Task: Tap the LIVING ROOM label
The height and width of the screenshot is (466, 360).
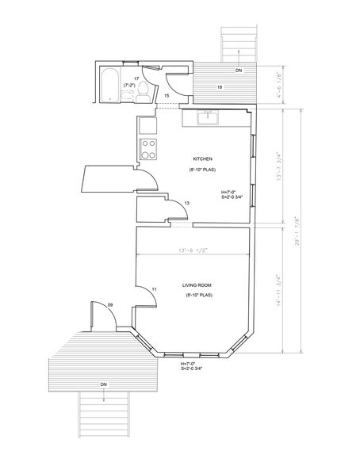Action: point(201,283)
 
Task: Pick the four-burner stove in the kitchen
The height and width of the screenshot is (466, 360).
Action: point(147,147)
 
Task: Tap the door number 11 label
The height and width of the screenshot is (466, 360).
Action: point(155,288)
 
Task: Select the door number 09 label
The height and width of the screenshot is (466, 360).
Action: point(109,304)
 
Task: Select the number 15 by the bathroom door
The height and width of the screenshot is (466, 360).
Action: point(167,96)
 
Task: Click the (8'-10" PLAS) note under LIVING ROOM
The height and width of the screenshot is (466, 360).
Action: point(201,296)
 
